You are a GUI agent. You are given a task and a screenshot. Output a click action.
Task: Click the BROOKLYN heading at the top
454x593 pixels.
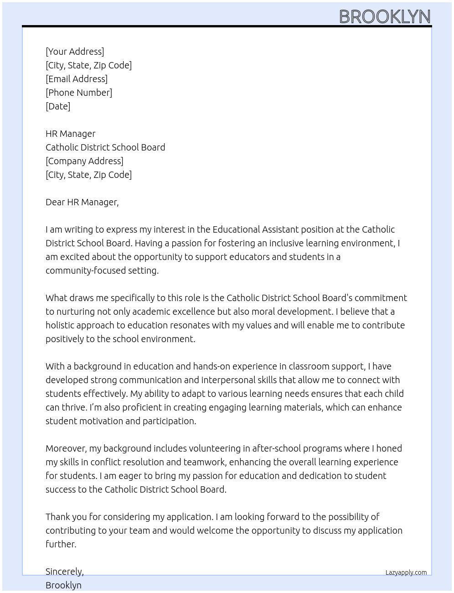[385, 16]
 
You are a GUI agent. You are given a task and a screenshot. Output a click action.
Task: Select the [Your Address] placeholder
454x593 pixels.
[75, 52]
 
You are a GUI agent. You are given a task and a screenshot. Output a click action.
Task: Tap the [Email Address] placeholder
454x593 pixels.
[77, 79]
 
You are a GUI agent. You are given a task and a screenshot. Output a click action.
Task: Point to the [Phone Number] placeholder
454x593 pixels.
[79, 93]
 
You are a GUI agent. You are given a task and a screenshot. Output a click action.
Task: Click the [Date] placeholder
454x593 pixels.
[58, 106]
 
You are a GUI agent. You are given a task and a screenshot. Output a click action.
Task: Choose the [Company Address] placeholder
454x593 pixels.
[84, 161]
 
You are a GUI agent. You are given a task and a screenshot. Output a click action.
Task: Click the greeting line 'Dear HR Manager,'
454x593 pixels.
[82, 202]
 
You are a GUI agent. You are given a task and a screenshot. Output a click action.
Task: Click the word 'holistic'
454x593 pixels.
[60, 325]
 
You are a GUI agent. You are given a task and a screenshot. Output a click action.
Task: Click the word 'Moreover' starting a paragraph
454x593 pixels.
[66, 448]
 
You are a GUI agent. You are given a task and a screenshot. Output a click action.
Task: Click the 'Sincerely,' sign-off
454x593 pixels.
[65, 572]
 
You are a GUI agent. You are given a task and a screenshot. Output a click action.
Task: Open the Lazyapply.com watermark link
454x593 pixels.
[406, 572]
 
